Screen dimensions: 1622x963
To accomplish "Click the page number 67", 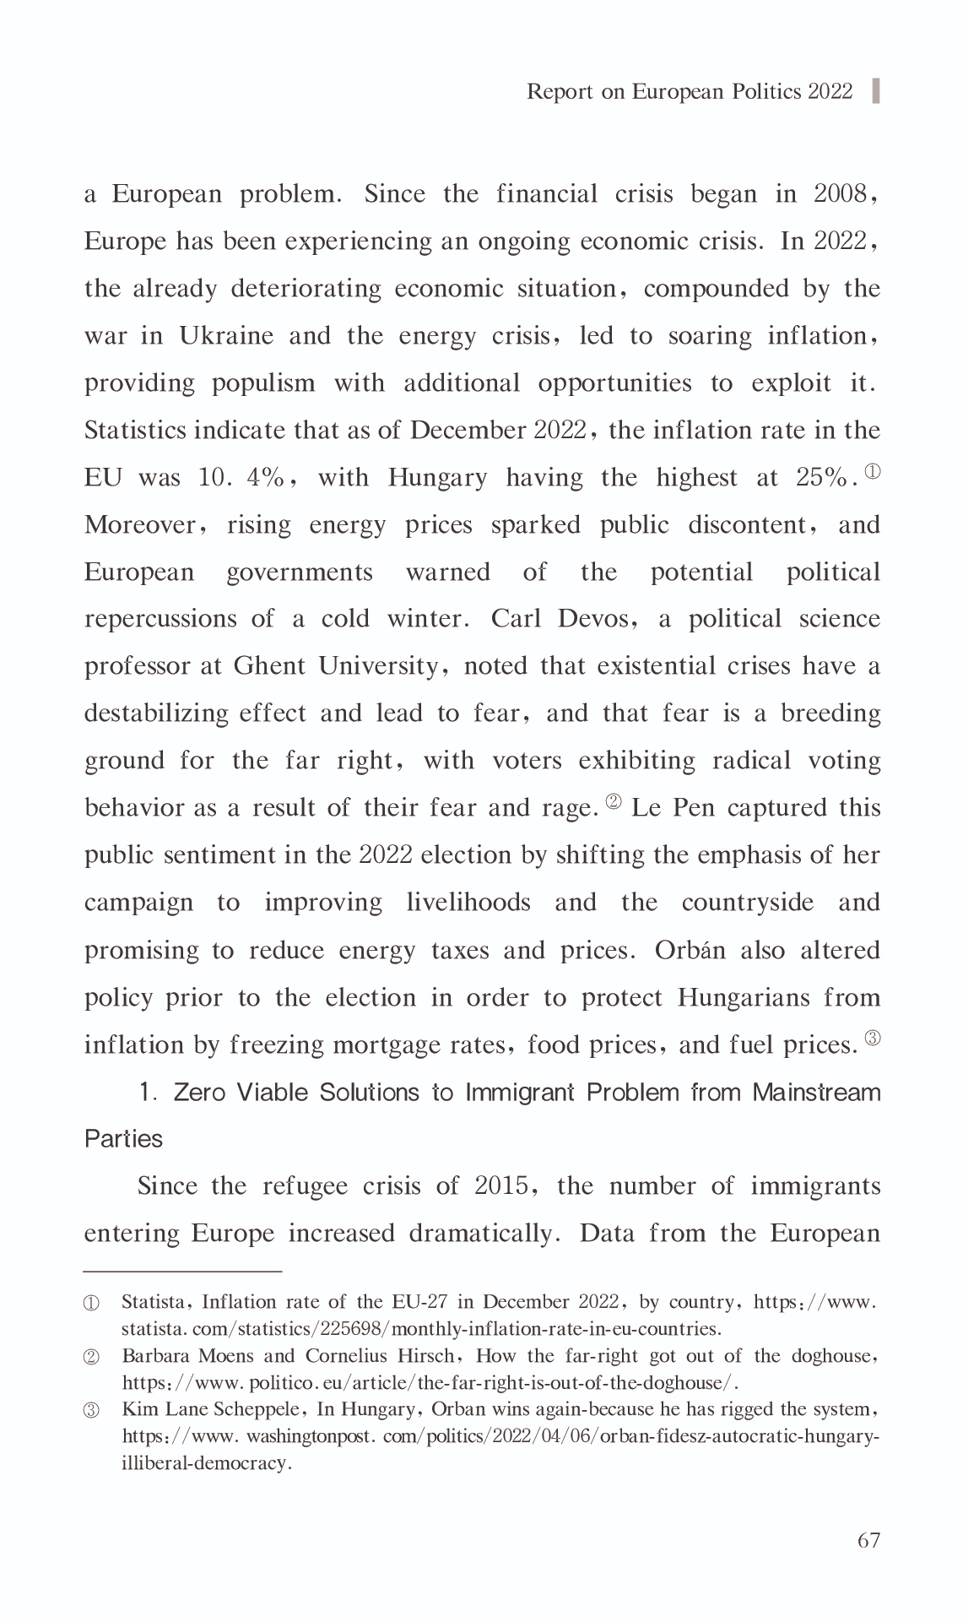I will (x=868, y=1541).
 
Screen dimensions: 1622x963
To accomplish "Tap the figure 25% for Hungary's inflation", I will (x=820, y=478).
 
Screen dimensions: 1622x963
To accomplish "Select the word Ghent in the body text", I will (x=269, y=666).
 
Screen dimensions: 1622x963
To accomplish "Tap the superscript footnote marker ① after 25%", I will (x=873, y=471).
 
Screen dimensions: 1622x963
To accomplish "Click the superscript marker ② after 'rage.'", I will (x=614, y=801).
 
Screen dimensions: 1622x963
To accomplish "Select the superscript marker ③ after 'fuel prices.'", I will (x=873, y=1039).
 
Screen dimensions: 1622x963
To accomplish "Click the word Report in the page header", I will (x=560, y=91).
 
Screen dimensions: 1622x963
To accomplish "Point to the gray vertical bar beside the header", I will (x=876, y=90).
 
